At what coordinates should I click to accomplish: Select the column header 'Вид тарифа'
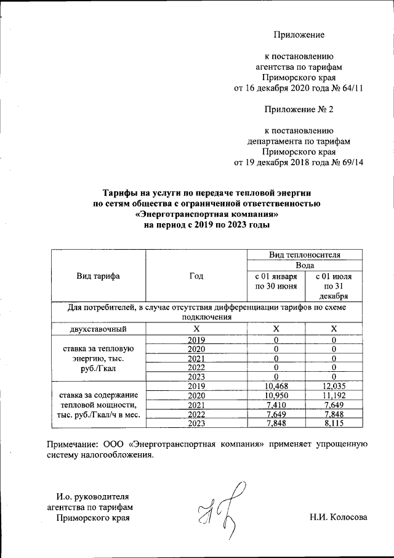click(98, 276)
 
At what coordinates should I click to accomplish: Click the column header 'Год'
click(196, 276)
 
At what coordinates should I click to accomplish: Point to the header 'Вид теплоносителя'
click(305, 254)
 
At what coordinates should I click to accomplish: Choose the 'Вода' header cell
click(305, 265)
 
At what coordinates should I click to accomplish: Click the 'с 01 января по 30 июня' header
click(276, 281)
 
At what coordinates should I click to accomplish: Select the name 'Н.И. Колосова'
click(339, 517)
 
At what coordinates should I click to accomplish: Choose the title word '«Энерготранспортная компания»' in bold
click(207, 214)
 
